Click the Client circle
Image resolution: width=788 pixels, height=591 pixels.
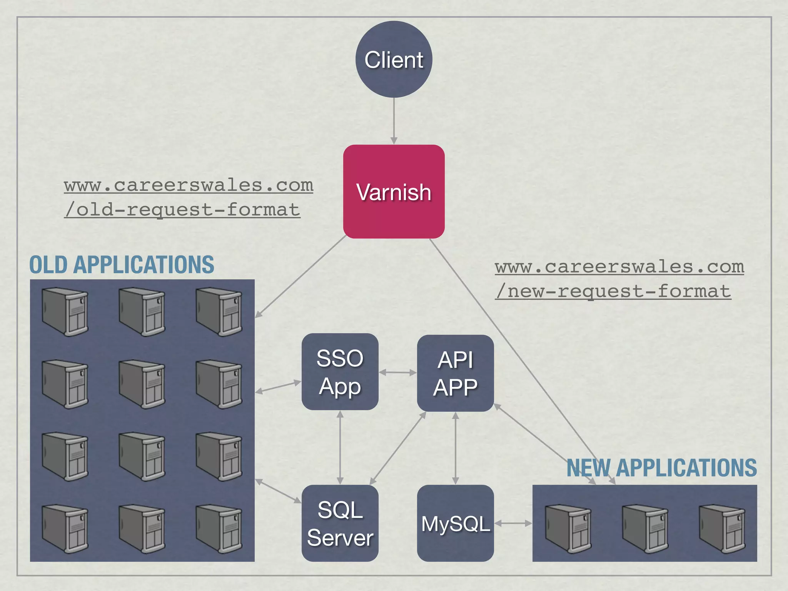(x=394, y=59)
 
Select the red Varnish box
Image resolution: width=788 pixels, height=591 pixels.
(x=394, y=192)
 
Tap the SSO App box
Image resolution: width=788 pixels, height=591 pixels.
(x=340, y=372)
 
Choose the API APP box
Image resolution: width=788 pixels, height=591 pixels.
(x=455, y=373)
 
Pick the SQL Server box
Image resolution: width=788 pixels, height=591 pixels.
(x=340, y=523)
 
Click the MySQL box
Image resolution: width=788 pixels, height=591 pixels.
(x=455, y=523)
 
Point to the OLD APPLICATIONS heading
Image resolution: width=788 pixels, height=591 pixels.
(x=122, y=265)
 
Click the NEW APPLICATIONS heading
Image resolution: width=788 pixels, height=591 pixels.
(x=661, y=468)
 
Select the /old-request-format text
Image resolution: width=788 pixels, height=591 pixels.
(x=182, y=210)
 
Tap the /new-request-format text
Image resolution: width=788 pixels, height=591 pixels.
(x=613, y=291)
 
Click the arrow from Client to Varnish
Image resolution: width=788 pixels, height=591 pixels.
(x=394, y=121)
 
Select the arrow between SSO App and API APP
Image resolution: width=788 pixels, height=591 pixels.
(x=398, y=372)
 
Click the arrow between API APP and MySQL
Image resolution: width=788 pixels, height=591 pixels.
(x=455, y=448)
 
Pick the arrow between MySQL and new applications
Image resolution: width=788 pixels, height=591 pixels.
(x=513, y=523)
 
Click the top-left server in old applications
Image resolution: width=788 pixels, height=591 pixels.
(x=65, y=312)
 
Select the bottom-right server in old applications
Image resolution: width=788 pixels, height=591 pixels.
(x=219, y=529)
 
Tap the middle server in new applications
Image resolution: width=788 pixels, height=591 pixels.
(x=645, y=529)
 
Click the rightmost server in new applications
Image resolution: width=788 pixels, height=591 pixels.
(x=722, y=529)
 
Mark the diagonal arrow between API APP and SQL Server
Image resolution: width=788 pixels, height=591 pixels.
(x=398, y=448)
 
